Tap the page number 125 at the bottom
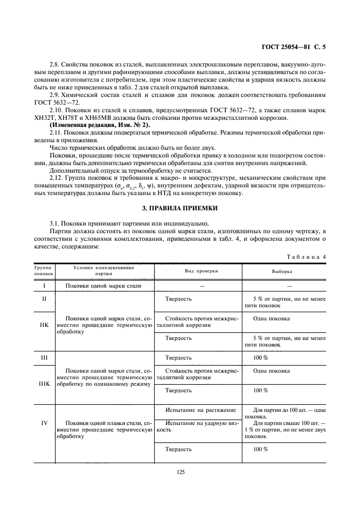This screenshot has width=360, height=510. click(x=181, y=472)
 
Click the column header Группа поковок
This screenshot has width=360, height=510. click(x=42, y=271)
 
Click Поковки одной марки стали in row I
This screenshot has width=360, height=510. click(x=103, y=286)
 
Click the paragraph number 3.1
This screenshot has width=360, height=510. click(x=56, y=222)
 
